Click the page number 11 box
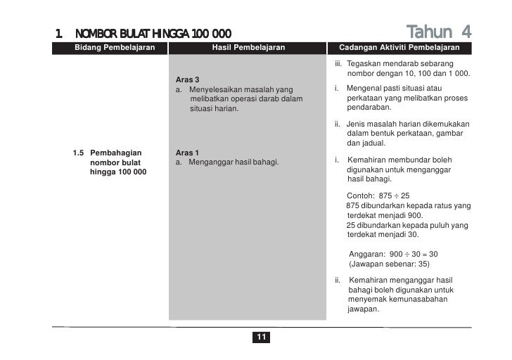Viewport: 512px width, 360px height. (260, 338)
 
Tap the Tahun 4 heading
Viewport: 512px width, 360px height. (439, 32)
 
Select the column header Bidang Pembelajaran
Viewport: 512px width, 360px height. (115, 48)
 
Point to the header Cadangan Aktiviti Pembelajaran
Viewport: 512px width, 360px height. (399, 48)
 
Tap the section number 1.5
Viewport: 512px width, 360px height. (79, 153)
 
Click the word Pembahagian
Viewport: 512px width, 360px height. (115, 153)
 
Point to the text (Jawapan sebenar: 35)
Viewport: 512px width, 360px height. (389, 264)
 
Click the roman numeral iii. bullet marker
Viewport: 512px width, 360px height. (338, 64)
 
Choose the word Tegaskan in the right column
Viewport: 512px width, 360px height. (364, 64)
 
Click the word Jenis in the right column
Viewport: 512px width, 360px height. (357, 124)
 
